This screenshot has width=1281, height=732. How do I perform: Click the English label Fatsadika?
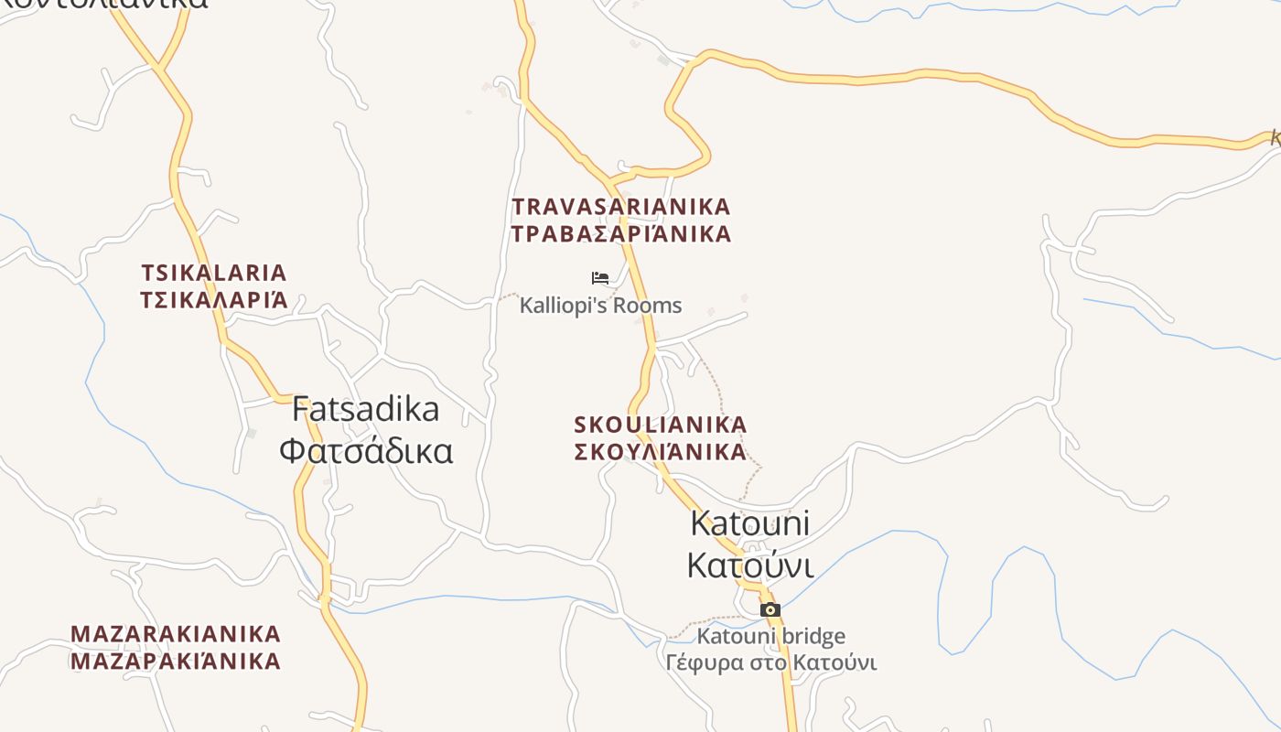pyautogui.click(x=365, y=409)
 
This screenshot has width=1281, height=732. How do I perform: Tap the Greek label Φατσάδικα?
pyautogui.click(x=365, y=450)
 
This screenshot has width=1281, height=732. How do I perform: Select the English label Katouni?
pyautogui.click(x=749, y=523)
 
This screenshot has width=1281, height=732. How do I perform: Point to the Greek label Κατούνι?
pyautogui.click(x=749, y=565)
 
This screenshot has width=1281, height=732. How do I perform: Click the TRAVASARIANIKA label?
pyautogui.click(x=621, y=207)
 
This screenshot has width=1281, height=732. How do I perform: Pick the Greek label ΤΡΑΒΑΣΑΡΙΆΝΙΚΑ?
pyautogui.click(x=621, y=234)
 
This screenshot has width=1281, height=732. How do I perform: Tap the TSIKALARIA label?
pyautogui.click(x=214, y=273)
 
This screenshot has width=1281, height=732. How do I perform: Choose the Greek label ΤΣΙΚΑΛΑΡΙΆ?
pyautogui.click(x=214, y=300)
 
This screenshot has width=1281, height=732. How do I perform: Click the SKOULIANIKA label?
pyautogui.click(x=660, y=425)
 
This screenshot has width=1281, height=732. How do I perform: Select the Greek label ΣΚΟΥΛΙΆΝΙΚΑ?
pyautogui.click(x=660, y=451)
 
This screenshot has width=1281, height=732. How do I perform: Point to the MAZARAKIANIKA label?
pyautogui.click(x=176, y=634)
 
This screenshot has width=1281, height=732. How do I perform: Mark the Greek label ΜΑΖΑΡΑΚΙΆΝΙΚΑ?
pyautogui.click(x=176, y=661)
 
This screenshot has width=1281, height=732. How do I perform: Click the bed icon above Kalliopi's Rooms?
pyautogui.click(x=600, y=278)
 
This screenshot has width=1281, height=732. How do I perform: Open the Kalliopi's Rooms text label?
pyautogui.click(x=600, y=306)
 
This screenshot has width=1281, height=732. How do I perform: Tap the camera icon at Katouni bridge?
pyautogui.click(x=770, y=609)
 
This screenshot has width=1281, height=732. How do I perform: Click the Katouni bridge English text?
pyautogui.click(x=770, y=636)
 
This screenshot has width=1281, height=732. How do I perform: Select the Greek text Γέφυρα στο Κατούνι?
pyautogui.click(x=770, y=662)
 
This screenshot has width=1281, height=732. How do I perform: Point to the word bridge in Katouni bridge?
pyautogui.click(x=813, y=636)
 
